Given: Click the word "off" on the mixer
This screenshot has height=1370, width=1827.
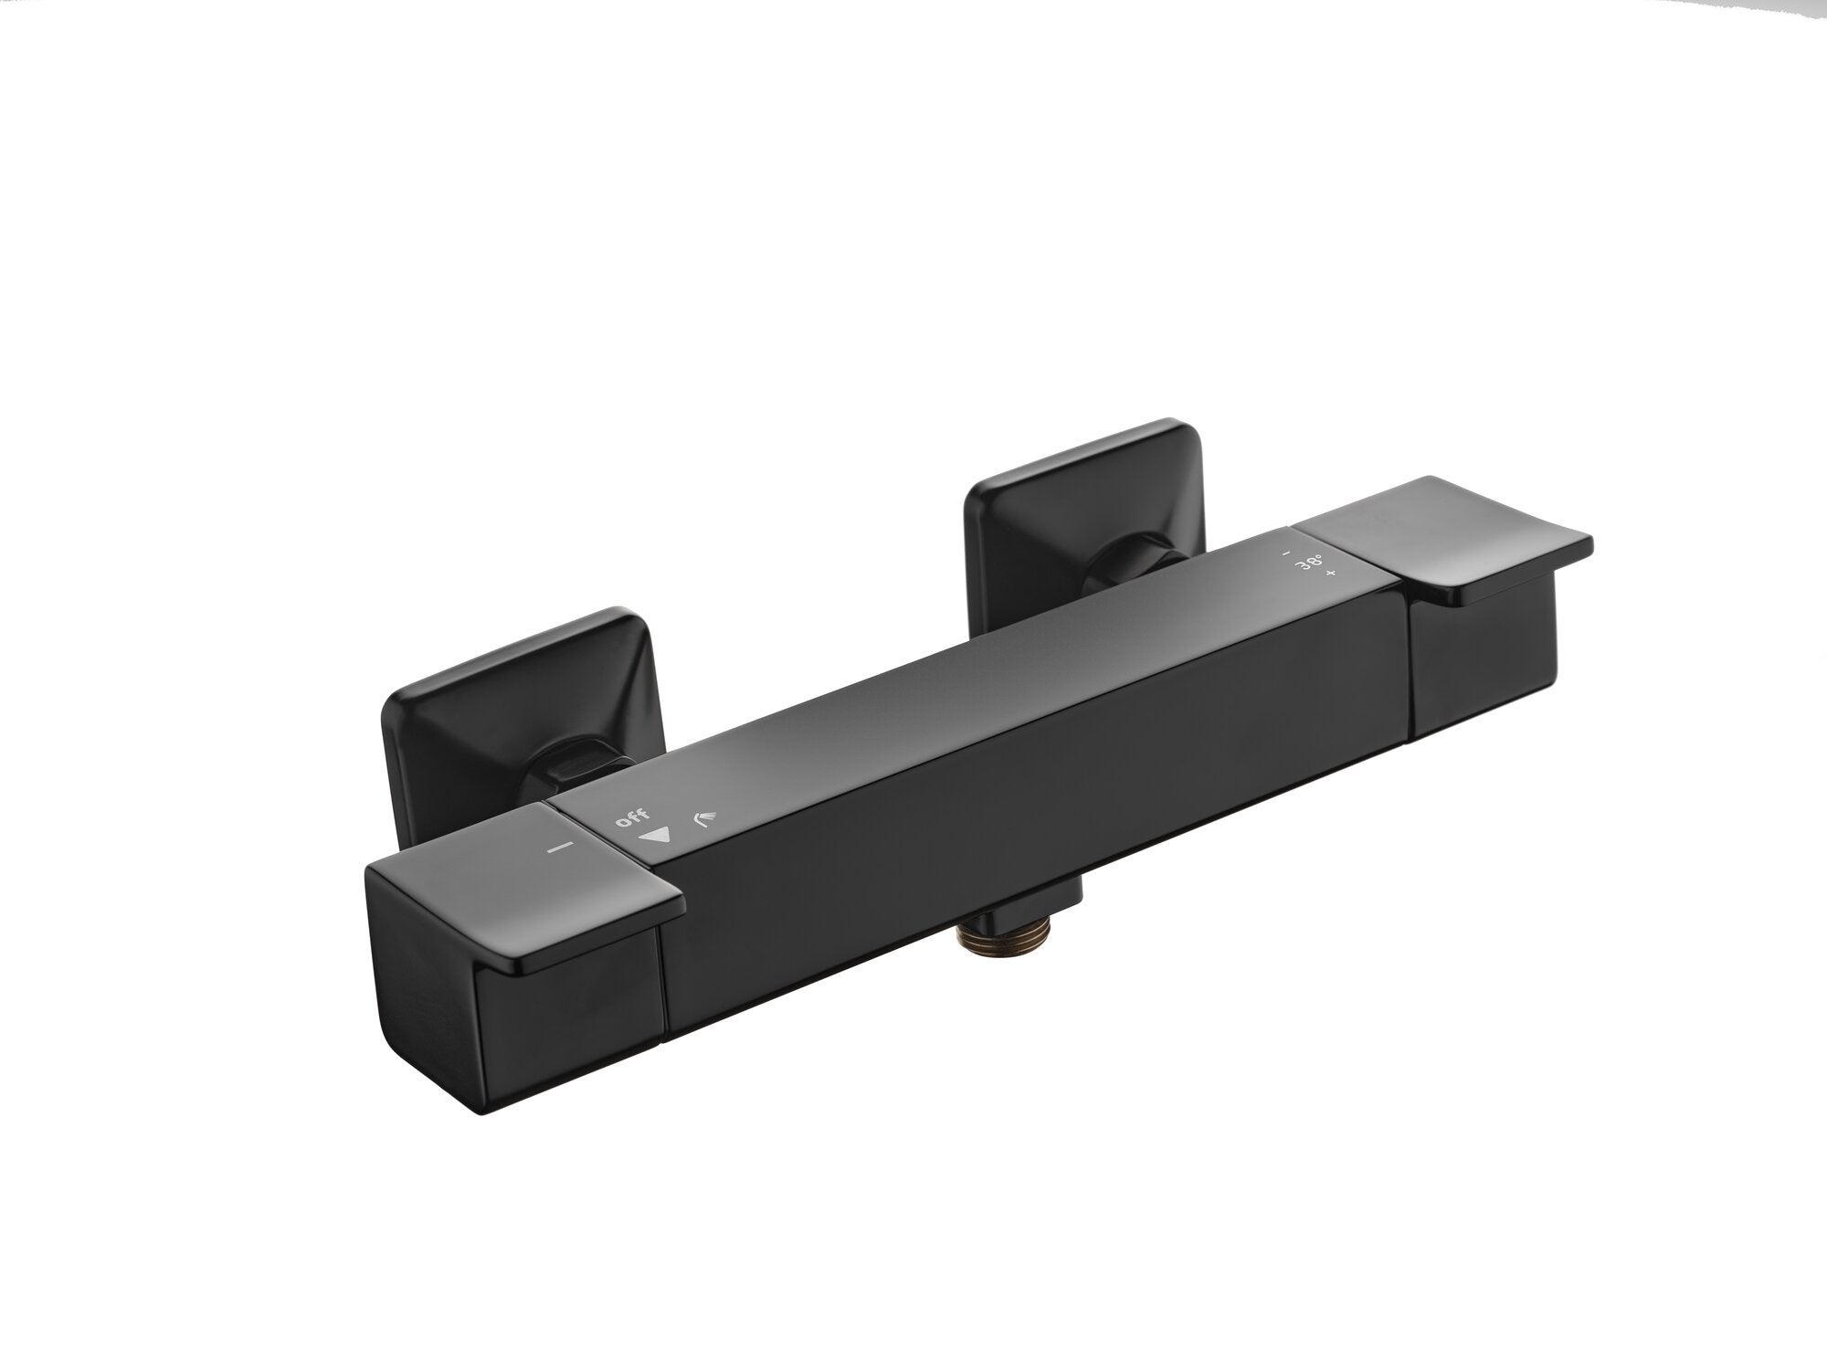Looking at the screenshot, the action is [632, 816].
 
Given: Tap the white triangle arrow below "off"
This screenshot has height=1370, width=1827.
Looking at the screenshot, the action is [655, 834].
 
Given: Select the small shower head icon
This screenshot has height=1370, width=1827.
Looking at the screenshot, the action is [702, 817].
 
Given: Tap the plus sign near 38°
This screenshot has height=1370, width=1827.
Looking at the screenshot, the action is [1331, 574].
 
